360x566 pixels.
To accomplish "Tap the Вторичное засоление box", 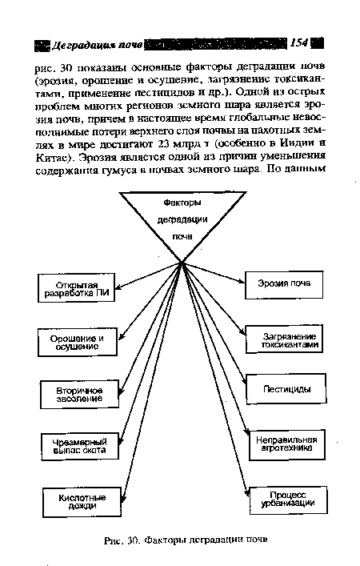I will pyautogui.click(x=79, y=394).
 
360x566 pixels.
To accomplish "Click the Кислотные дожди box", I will pyautogui.click(x=79, y=502).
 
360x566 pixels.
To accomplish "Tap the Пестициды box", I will pyautogui.click(x=287, y=389).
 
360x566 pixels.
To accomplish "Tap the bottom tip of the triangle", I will pyautogui.click(x=182, y=261).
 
